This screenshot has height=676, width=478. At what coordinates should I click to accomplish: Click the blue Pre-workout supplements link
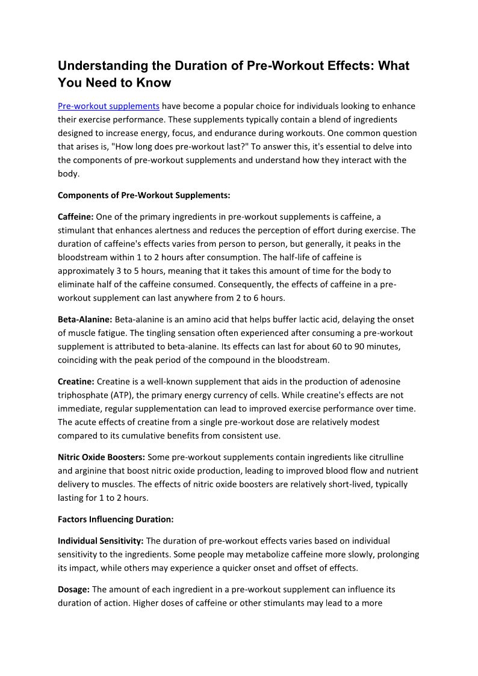[108, 106]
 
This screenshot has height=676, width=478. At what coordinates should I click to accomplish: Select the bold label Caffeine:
[75, 216]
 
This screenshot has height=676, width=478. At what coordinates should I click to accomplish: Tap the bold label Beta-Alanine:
[85, 319]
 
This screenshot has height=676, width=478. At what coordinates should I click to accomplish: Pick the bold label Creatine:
[76, 381]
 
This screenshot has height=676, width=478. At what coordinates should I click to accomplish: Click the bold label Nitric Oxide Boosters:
[101, 457]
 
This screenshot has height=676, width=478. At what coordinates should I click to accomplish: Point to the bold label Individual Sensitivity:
[101, 541]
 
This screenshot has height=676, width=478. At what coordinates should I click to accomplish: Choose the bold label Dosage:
[73, 589]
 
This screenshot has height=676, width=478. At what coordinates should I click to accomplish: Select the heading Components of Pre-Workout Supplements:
[144, 195]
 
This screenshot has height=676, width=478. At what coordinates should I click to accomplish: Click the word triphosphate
[81, 395]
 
